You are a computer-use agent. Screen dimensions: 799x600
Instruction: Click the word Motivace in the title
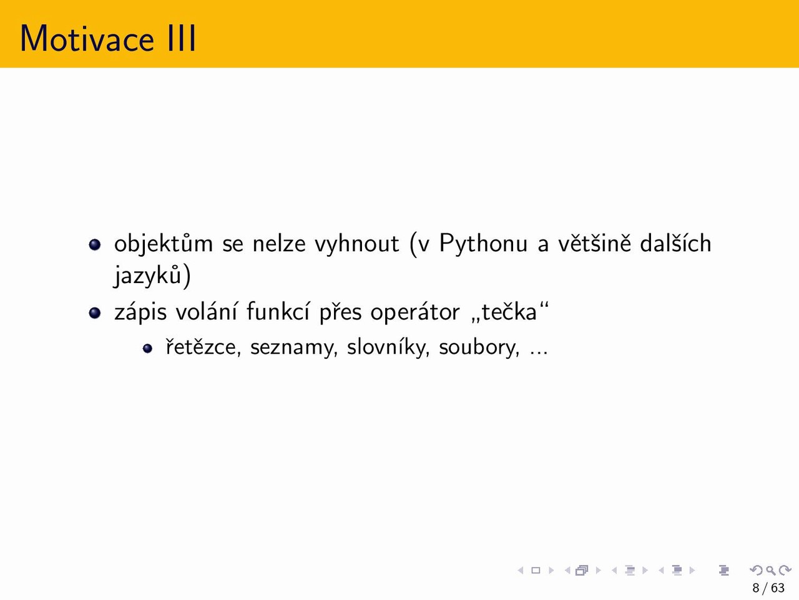[87, 39]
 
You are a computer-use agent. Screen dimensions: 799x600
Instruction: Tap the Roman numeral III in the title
[181, 39]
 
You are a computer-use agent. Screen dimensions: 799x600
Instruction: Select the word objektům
[164, 243]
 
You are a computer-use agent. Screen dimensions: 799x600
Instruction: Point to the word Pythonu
[483, 243]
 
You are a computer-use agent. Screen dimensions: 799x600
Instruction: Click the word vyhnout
[356, 243]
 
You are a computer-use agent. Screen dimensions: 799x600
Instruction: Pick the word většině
[594, 242]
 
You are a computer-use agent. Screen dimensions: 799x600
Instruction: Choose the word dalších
[675, 242]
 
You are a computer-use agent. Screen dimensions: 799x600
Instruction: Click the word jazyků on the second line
[147, 275]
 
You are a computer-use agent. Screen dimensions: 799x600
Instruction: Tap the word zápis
[140, 312]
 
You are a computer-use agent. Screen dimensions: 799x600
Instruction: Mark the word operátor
[415, 312]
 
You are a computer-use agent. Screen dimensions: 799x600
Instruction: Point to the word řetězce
[201, 346]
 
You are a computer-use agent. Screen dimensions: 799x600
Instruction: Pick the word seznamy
[292, 347]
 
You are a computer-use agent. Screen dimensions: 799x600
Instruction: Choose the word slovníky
[386, 346]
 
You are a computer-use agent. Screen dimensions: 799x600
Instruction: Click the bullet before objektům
[95, 244]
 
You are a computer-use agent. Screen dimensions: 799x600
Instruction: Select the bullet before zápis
[95, 312]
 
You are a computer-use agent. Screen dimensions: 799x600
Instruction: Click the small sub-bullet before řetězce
[147, 348]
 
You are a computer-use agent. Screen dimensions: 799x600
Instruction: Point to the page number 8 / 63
[768, 587]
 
